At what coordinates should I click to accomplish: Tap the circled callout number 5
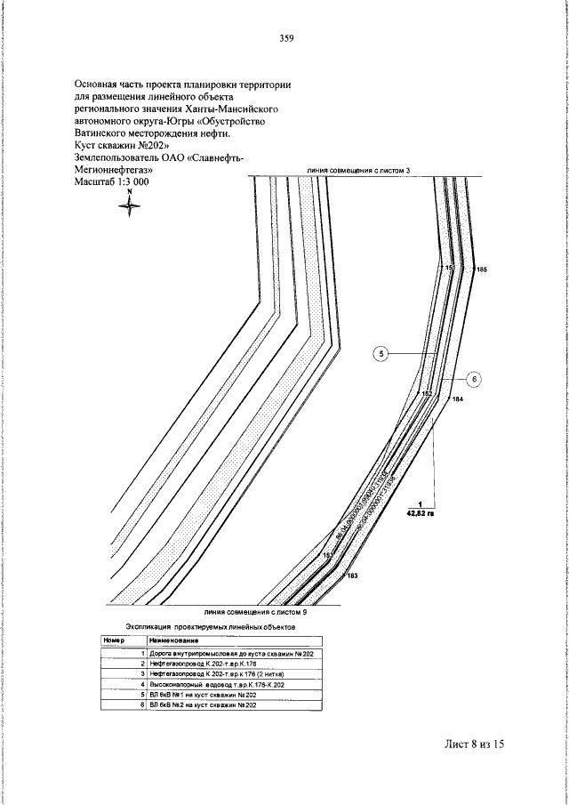(381, 354)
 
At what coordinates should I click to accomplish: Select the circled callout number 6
(474, 379)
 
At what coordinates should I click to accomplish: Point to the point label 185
(482, 269)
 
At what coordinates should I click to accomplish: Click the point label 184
(458, 400)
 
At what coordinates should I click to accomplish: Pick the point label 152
(427, 393)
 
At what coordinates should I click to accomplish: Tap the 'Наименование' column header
(173, 640)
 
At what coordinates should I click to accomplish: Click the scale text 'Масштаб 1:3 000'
(113, 181)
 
